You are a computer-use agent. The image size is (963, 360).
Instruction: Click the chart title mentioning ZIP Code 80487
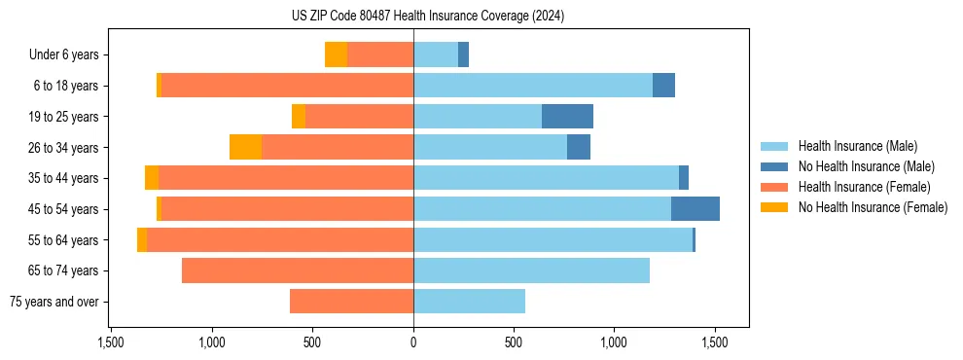(427, 16)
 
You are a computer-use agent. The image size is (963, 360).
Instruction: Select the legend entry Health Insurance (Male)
(856, 146)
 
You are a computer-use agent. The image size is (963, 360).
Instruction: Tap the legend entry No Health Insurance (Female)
(873, 207)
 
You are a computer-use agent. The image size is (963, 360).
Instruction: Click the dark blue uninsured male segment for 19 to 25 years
(567, 117)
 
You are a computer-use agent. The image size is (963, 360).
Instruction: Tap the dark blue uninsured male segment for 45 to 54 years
(695, 209)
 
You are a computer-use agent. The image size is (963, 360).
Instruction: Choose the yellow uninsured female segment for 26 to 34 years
(245, 147)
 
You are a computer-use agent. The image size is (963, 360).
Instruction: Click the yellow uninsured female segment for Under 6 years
(336, 55)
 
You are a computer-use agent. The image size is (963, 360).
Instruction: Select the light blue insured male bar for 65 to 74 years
(531, 270)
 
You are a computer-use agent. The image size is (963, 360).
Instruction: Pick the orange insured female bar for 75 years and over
(351, 302)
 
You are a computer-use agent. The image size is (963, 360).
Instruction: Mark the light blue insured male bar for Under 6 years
(436, 55)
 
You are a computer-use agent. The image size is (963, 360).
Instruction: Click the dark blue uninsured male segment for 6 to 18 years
(663, 86)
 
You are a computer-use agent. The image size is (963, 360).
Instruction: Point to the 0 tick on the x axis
(413, 342)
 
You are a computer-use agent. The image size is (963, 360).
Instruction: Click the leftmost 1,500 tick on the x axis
(111, 342)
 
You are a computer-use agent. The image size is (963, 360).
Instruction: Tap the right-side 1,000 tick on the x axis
(615, 342)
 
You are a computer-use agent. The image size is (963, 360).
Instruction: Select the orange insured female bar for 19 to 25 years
(359, 117)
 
